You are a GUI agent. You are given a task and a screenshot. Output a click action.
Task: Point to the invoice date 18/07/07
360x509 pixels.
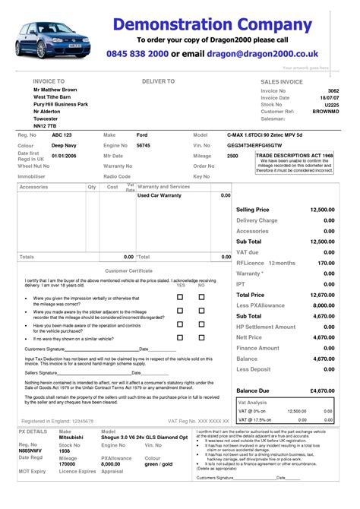point(322,98)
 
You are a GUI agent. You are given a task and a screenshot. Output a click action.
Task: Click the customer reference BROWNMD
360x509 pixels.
point(316,114)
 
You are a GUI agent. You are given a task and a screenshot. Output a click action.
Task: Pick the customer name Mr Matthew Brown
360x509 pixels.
point(55,90)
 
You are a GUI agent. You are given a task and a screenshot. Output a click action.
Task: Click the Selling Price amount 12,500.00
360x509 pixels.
point(321,209)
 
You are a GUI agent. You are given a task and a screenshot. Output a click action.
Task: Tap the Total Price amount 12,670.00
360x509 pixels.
point(321,294)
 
